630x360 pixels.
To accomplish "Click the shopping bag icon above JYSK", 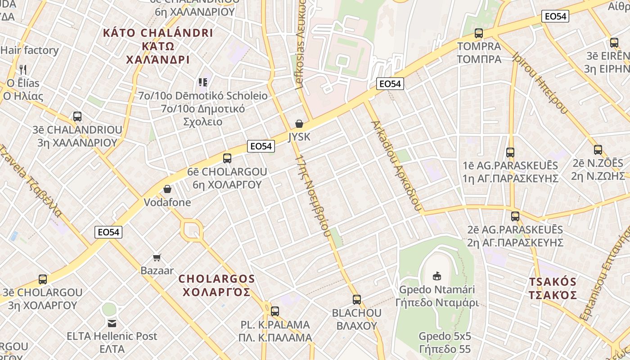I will [299, 124].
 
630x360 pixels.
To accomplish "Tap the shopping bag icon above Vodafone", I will [167, 189].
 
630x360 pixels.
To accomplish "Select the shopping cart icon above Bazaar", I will [157, 258].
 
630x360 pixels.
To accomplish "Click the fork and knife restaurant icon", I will [23, 69].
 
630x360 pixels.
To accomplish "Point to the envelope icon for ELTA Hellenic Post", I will [112, 323].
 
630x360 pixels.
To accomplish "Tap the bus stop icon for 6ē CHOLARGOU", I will [227, 158].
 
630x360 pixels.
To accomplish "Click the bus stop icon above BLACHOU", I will [357, 300].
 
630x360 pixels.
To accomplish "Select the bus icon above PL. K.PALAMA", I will [275, 311].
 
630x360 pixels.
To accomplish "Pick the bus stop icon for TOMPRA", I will [479, 33].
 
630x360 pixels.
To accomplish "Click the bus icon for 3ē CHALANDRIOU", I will [77, 117].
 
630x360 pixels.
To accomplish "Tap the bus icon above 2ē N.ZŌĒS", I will [598, 150].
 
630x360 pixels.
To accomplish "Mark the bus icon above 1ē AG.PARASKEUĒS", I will [510, 153].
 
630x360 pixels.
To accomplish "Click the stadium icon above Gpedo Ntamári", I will [436, 276].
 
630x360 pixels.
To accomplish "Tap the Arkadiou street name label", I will [396, 166].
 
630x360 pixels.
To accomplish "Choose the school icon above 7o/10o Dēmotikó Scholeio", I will [202, 82].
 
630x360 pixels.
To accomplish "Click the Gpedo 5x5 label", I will [445, 336].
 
